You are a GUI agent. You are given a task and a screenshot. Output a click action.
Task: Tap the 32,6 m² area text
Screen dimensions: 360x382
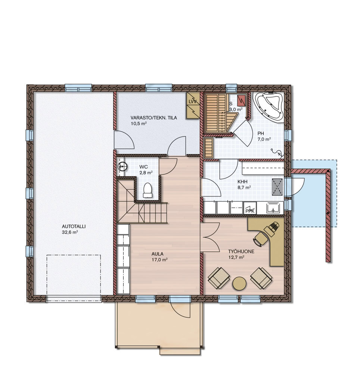pos(70,232)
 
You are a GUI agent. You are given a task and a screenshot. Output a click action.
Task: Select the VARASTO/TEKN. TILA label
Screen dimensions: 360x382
pos(153,118)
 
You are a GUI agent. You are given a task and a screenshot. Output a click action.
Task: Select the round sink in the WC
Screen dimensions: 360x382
pos(122,167)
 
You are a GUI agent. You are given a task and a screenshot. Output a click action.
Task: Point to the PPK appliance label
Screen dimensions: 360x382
pos(250,211)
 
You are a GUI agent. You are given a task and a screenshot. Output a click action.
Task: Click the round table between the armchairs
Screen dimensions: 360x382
pos(239,283)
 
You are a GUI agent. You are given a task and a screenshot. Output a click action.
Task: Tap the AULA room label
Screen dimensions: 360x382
pos(157,254)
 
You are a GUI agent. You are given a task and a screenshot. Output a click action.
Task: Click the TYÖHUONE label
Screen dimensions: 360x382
pos(241,251)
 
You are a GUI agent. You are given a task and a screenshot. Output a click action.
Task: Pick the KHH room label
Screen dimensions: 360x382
pos(242,182)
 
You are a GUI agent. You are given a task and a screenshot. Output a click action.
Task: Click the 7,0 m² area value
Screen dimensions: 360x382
pos(264,140)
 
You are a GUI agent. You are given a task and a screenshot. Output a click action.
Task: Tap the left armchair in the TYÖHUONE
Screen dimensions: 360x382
pos(219,278)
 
